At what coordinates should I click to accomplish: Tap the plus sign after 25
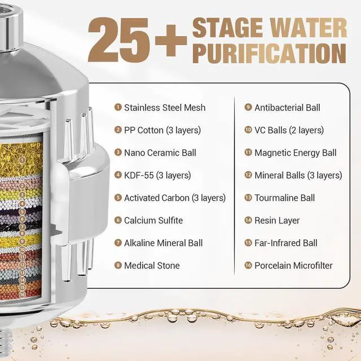[171, 41]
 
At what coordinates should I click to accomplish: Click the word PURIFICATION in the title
[270, 53]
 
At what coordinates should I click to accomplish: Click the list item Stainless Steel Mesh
[165, 108]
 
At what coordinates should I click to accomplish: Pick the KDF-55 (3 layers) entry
[157, 175]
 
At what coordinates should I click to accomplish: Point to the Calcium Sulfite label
[153, 221]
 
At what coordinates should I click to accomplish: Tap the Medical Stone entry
[152, 266]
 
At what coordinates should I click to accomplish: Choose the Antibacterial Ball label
[287, 108]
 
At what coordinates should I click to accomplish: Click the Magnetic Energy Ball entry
[296, 153]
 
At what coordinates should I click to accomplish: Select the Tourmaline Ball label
[284, 198]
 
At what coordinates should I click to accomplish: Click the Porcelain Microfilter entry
[293, 266]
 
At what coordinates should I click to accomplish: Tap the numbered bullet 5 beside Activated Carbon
[118, 197]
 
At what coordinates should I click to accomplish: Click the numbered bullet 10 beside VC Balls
[248, 130]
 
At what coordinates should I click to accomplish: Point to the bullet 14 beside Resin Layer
[248, 220]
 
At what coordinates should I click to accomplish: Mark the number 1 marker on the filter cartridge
[22, 160]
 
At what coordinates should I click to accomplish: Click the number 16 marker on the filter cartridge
[22, 294]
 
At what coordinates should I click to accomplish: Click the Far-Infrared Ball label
[286, 243]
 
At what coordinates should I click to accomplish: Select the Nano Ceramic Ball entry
[160, 153]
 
